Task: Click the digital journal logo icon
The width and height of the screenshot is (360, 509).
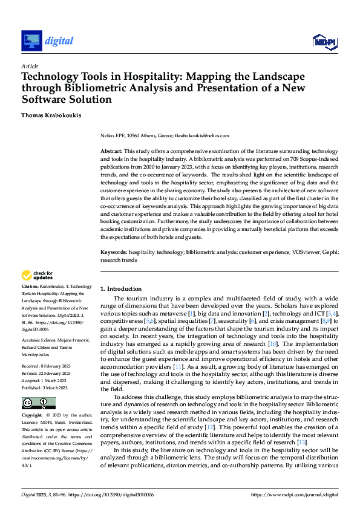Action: (31, 41)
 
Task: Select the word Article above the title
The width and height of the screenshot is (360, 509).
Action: (29, 66)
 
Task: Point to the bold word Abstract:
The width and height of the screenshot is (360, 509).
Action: (111, 151)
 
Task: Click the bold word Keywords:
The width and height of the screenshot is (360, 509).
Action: (113, 252)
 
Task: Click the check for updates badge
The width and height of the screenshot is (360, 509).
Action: (38, 275)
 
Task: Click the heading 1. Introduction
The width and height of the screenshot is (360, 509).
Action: (121, 289)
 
